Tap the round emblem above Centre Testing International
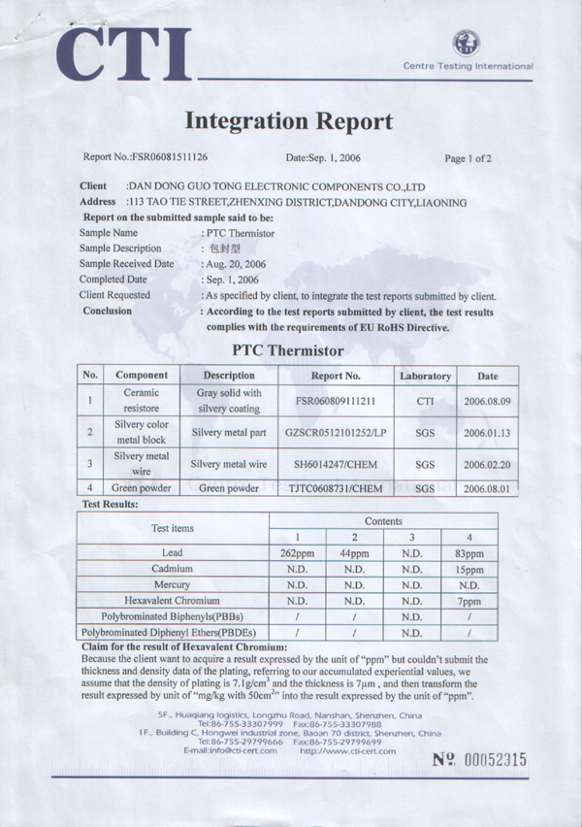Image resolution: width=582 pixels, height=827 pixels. (x=467, y=43)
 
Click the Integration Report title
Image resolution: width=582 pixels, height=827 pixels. (x=288, y=121)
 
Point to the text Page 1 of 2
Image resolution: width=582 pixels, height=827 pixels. (x=468, y=157)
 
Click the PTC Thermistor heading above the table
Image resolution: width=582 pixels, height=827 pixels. (x=288, y=350)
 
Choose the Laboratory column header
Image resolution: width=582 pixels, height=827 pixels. (x=425, y=376)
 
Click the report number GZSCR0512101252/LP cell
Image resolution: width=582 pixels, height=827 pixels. (x=336, y=433)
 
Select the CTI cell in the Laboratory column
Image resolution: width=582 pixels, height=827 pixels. (x=425, y=400)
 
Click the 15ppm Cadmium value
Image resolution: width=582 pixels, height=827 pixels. (x=469, y=569)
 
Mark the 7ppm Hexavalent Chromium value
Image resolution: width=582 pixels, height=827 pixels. (x=469, y=601)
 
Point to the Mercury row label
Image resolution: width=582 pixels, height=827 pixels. (x=173, y=585)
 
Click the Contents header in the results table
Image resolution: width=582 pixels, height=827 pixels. (x=384, y=521)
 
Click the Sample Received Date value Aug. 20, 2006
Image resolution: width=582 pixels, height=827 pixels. (x=237, y=264)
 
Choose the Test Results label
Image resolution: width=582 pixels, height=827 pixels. (x=111, y=505)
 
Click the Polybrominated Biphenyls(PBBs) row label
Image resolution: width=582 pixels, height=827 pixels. (x=173, y=617)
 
